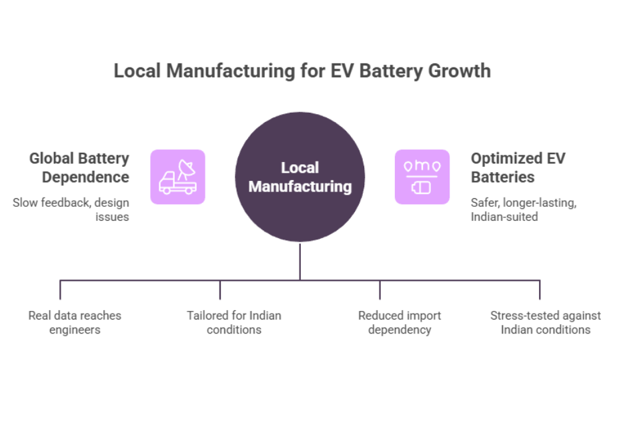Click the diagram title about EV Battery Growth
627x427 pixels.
pos(301,71)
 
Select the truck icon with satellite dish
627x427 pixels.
pos(177,177)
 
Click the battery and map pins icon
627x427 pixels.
pos(422,177)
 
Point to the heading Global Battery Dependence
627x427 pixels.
pos(79,167)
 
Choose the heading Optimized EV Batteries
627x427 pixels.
pos(518,167)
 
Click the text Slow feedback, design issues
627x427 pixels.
pos(71,209)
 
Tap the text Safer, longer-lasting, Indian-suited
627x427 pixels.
pos(524,209)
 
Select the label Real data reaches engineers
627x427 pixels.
pos(75,322)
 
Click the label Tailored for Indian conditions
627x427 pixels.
pos(234,322)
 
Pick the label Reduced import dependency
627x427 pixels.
pos(400,322)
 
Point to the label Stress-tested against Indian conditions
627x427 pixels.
pos(546,322)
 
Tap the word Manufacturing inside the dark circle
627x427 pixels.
pos(299,186)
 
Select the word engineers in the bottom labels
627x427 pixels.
pos(75,330)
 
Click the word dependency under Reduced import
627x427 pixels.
pos(400,330)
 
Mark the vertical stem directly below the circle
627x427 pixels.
pos(299,262)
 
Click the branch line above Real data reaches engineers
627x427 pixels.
pos(60,290)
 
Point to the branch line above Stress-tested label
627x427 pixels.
pos(540,290)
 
